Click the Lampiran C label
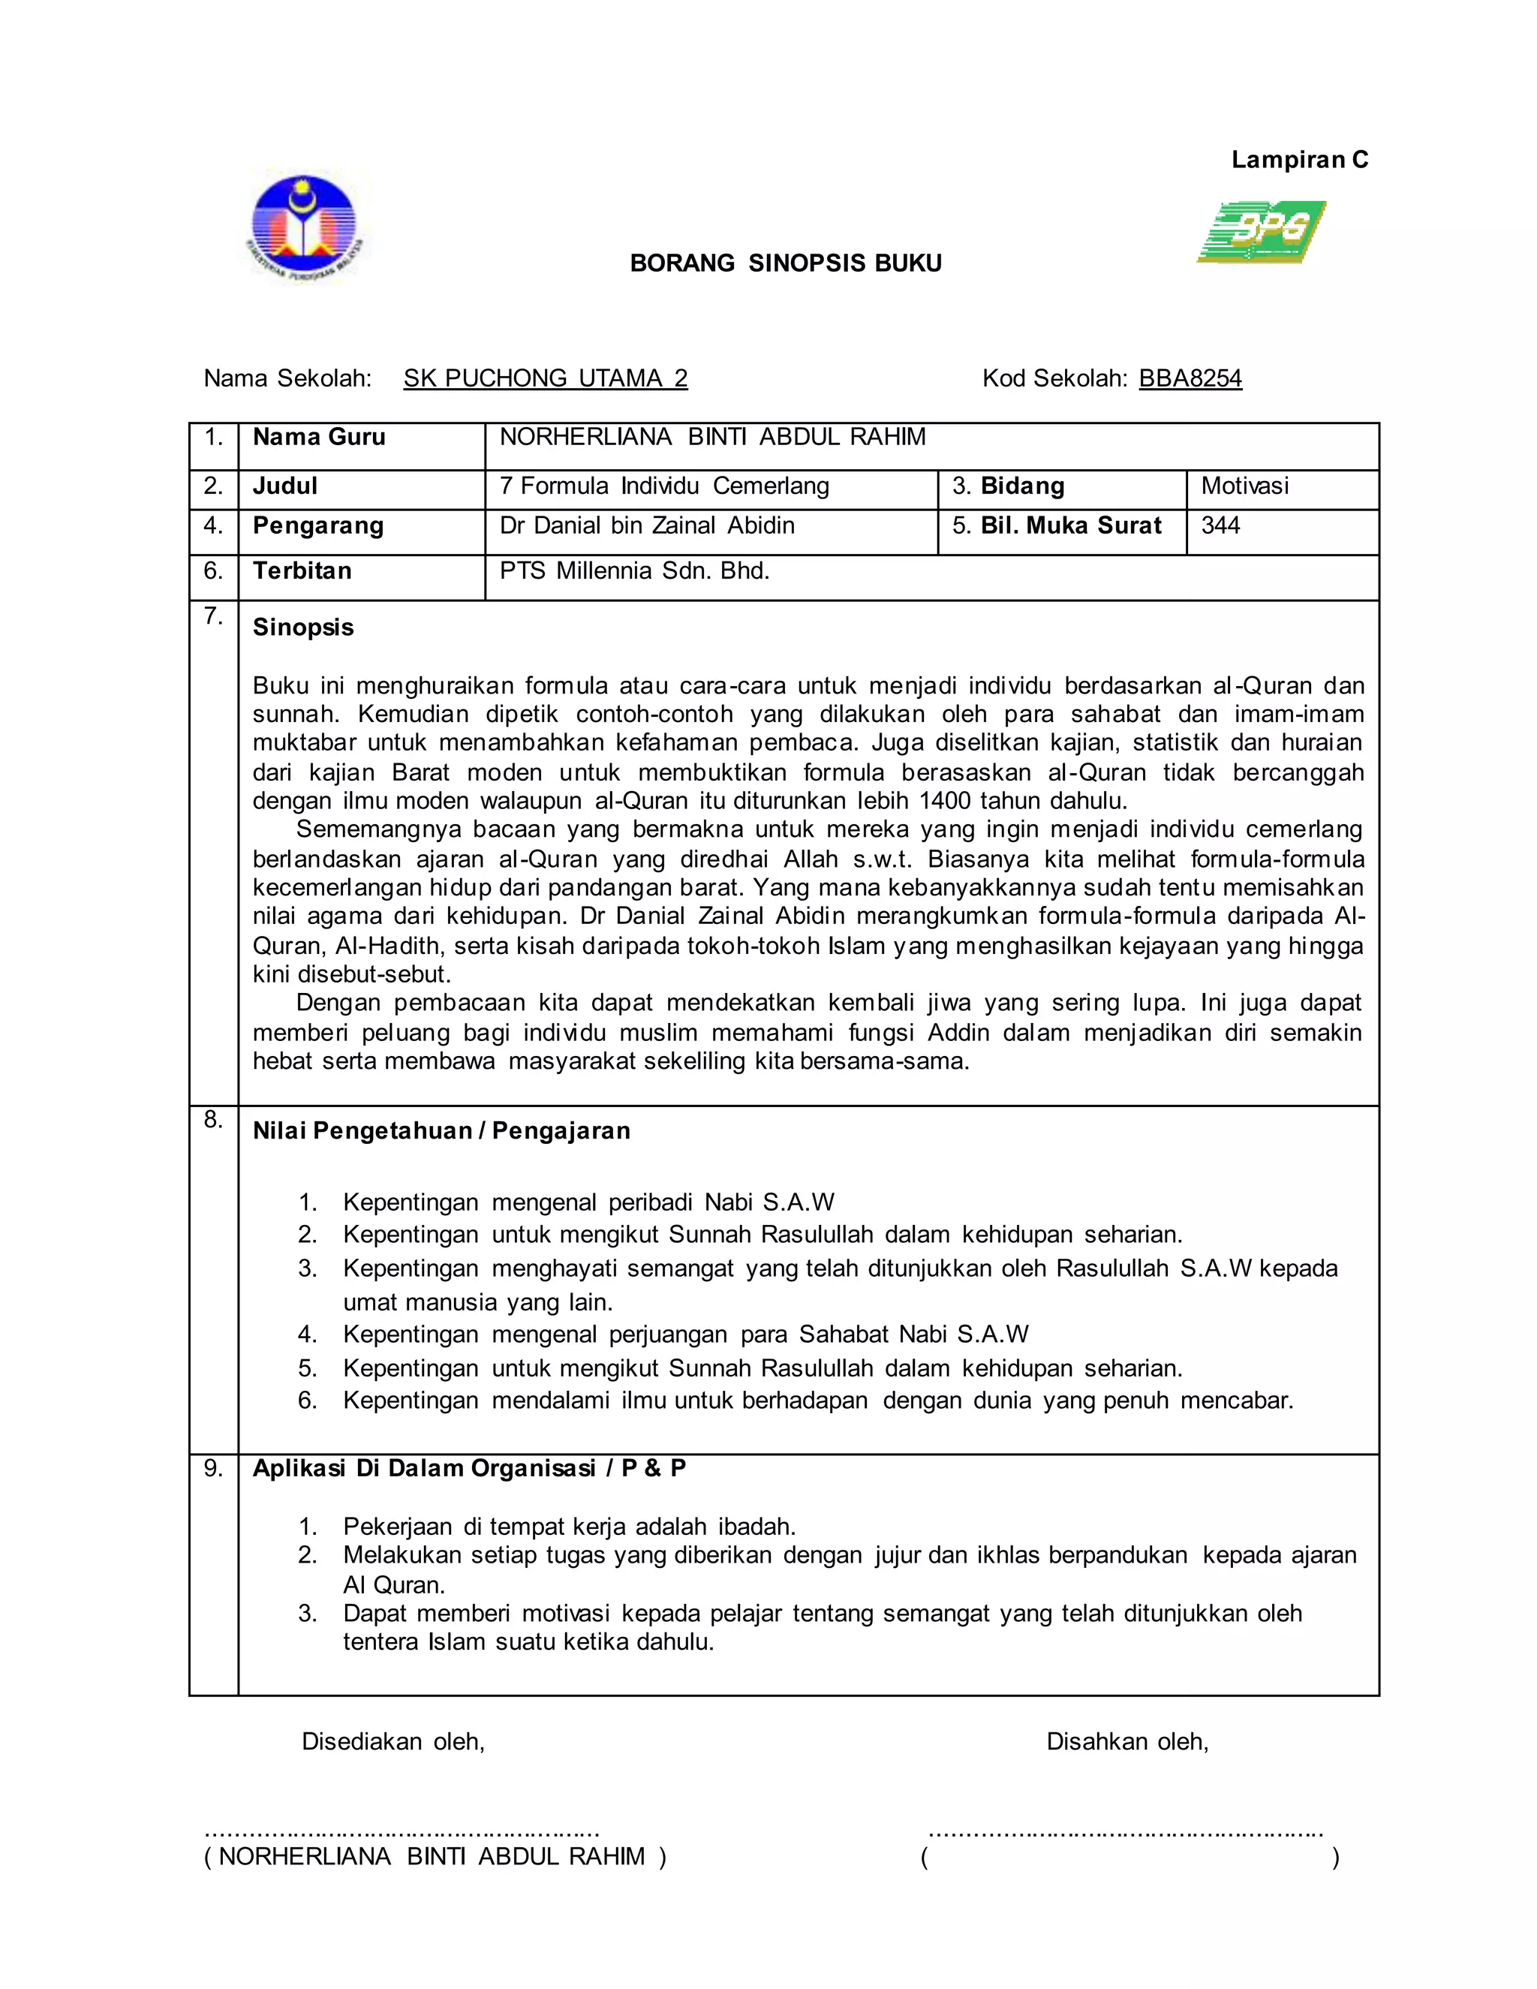click(1299, 161)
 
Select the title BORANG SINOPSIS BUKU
click(786, 263)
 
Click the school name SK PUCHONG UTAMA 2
click(546, 378)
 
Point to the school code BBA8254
click(1190, 378)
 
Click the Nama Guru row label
click(319, 437)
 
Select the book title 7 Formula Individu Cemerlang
click(663, 486)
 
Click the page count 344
click(1220, 525)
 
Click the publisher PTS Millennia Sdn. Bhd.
click(635, 571)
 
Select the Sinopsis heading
click(303, 627)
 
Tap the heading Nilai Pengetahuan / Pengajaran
click(441, 1131)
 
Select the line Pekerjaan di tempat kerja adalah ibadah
click(569, 1527)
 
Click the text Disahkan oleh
click(1127, 1742)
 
